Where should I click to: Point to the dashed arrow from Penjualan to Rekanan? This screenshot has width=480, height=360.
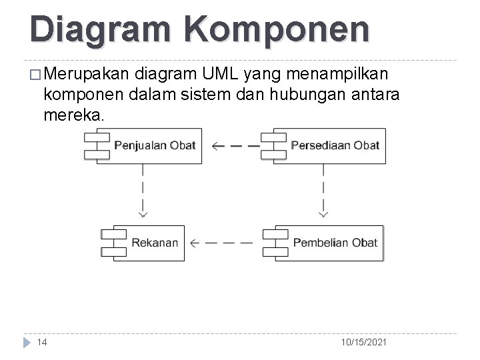[x=143, y=190]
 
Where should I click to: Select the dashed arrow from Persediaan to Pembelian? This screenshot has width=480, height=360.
[x=323, y=190]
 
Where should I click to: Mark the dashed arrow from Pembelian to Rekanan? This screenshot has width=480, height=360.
[x=222, y=243]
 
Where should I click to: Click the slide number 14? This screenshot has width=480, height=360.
[x=42, y=342]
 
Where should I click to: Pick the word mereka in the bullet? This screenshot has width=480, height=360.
[x=73, y=115]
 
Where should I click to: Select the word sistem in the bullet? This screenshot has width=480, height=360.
[x=203, y=93]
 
